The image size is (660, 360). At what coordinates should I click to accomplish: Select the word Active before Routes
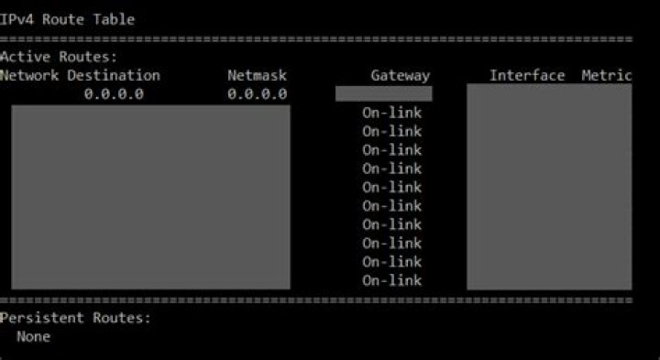[x=23, y=58]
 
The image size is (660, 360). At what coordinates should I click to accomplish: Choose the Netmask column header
[x=258, y=75]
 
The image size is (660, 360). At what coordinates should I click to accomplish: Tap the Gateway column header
[x=400, y=76]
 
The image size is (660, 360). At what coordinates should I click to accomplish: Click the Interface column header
[x=526, y=75]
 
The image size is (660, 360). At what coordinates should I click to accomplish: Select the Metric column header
[x=606, y=75]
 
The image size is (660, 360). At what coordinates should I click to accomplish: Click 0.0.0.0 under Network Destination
[x=114, y=93]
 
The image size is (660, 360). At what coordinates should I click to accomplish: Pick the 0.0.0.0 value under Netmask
[x=258, y=93]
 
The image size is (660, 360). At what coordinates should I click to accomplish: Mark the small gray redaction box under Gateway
[x=383, y=93]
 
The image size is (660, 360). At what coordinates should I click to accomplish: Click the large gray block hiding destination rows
[x=150, y=197]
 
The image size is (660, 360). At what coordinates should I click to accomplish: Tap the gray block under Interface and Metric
[x=549, y=187]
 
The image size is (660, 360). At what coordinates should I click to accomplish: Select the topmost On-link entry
[x=391, y=113]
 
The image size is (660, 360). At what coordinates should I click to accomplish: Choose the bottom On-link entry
[x=391, y=280]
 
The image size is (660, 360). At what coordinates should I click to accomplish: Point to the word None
[x=33, y=336]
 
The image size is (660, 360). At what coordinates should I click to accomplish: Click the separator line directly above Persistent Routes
[x=316, y=300]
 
